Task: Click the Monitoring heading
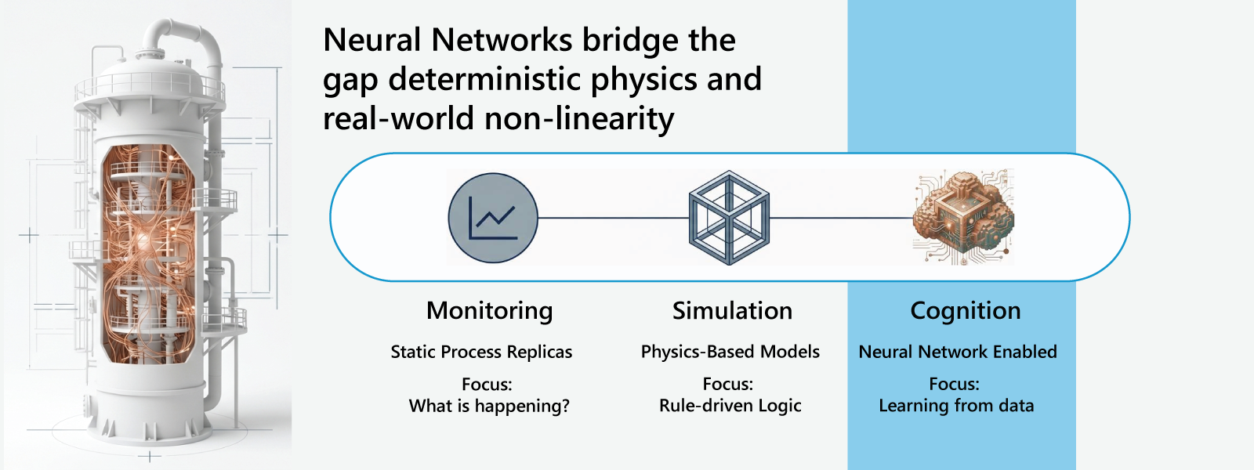(x=490, y=311)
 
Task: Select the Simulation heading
(x=732, y=311)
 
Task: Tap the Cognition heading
(x=965, y=311)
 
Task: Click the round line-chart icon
(x=493, y=218)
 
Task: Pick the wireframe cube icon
(x=729, y=218)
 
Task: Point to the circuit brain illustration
(x=963, y=217)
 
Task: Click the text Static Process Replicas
(x=481, y=352)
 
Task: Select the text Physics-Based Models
(x=730, y=352)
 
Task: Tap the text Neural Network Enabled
(x=958, y=352)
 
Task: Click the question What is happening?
(x=489, y=406)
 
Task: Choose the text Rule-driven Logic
(x=730, y=406)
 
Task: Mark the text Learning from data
(x=956, y=406)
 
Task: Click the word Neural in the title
(x=372, y=40)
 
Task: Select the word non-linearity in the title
(x=579, y=118)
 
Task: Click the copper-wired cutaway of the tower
(x=147, y=251)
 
